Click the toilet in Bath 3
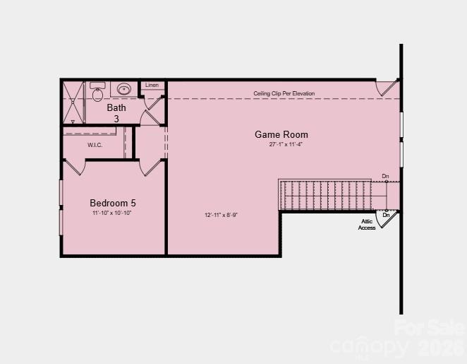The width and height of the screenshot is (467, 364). [97, 93]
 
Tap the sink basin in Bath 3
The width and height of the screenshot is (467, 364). [124, 90]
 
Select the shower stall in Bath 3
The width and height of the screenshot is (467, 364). [73, 102]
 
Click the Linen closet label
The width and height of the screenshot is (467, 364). [152, 86]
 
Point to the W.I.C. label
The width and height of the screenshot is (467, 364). [95, 145]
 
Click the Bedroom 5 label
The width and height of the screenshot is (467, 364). [113, 203]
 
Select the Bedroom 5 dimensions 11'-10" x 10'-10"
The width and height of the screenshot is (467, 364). [111, 213]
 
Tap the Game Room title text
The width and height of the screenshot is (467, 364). [281, 134]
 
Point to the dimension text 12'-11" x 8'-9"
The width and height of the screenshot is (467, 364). [221, 215]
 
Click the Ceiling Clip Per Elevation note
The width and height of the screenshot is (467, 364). [284, 93]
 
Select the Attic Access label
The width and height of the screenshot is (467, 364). [367, 225]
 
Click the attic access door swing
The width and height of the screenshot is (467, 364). [386, 220]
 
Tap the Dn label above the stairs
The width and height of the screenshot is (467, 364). [385, 176]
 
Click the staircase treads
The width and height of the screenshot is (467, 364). [325, 195]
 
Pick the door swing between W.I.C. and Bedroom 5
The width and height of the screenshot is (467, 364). [75, 168]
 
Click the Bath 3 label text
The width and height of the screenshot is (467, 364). [116, 113]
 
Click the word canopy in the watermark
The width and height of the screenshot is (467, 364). [368, 347]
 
